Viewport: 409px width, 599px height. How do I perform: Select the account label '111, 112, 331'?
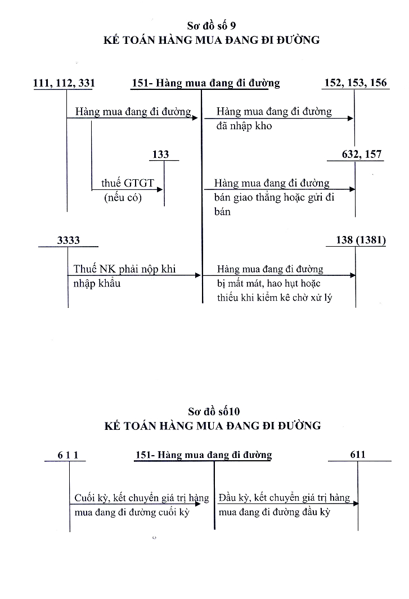point(64,83)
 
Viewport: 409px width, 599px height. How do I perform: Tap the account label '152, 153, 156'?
point(356,83)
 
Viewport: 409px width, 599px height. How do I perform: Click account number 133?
point(160,154)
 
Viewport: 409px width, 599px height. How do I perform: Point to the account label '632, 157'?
point(362,155)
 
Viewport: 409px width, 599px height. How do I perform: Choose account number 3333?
point(69,240)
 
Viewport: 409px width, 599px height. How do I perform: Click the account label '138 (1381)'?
point(356,240)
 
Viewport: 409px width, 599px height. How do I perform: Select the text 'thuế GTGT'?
point(127,183)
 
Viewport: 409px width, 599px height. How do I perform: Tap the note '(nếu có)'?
point(123,198)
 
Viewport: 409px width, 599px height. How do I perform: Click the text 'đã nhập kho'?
point(244,126)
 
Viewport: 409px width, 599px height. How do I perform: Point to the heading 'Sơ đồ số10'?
point(212,411)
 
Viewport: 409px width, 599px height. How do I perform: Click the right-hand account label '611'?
point(357,454)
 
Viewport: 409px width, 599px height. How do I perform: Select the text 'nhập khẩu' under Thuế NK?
point(97,283)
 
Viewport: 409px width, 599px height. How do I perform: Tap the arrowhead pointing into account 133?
point(160,190)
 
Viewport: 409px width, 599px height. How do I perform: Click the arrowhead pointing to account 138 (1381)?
point(352,275)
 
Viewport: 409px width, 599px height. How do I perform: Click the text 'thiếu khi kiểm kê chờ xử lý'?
point(275,298)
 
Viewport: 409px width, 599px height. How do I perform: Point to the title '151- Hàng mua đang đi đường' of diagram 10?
point(204,455)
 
